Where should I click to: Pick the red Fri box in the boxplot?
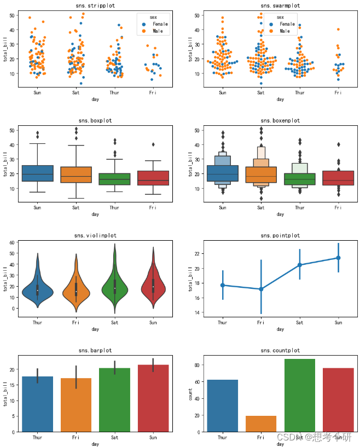(153, 178)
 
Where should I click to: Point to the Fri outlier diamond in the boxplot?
(153, 144)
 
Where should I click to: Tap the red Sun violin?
(153, 286)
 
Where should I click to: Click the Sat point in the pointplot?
(300, 265)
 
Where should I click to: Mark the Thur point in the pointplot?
(222, 285)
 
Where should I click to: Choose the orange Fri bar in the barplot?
(76, 405)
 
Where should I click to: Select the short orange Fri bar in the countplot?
(261, 423)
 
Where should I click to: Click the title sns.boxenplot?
(280, 120)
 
